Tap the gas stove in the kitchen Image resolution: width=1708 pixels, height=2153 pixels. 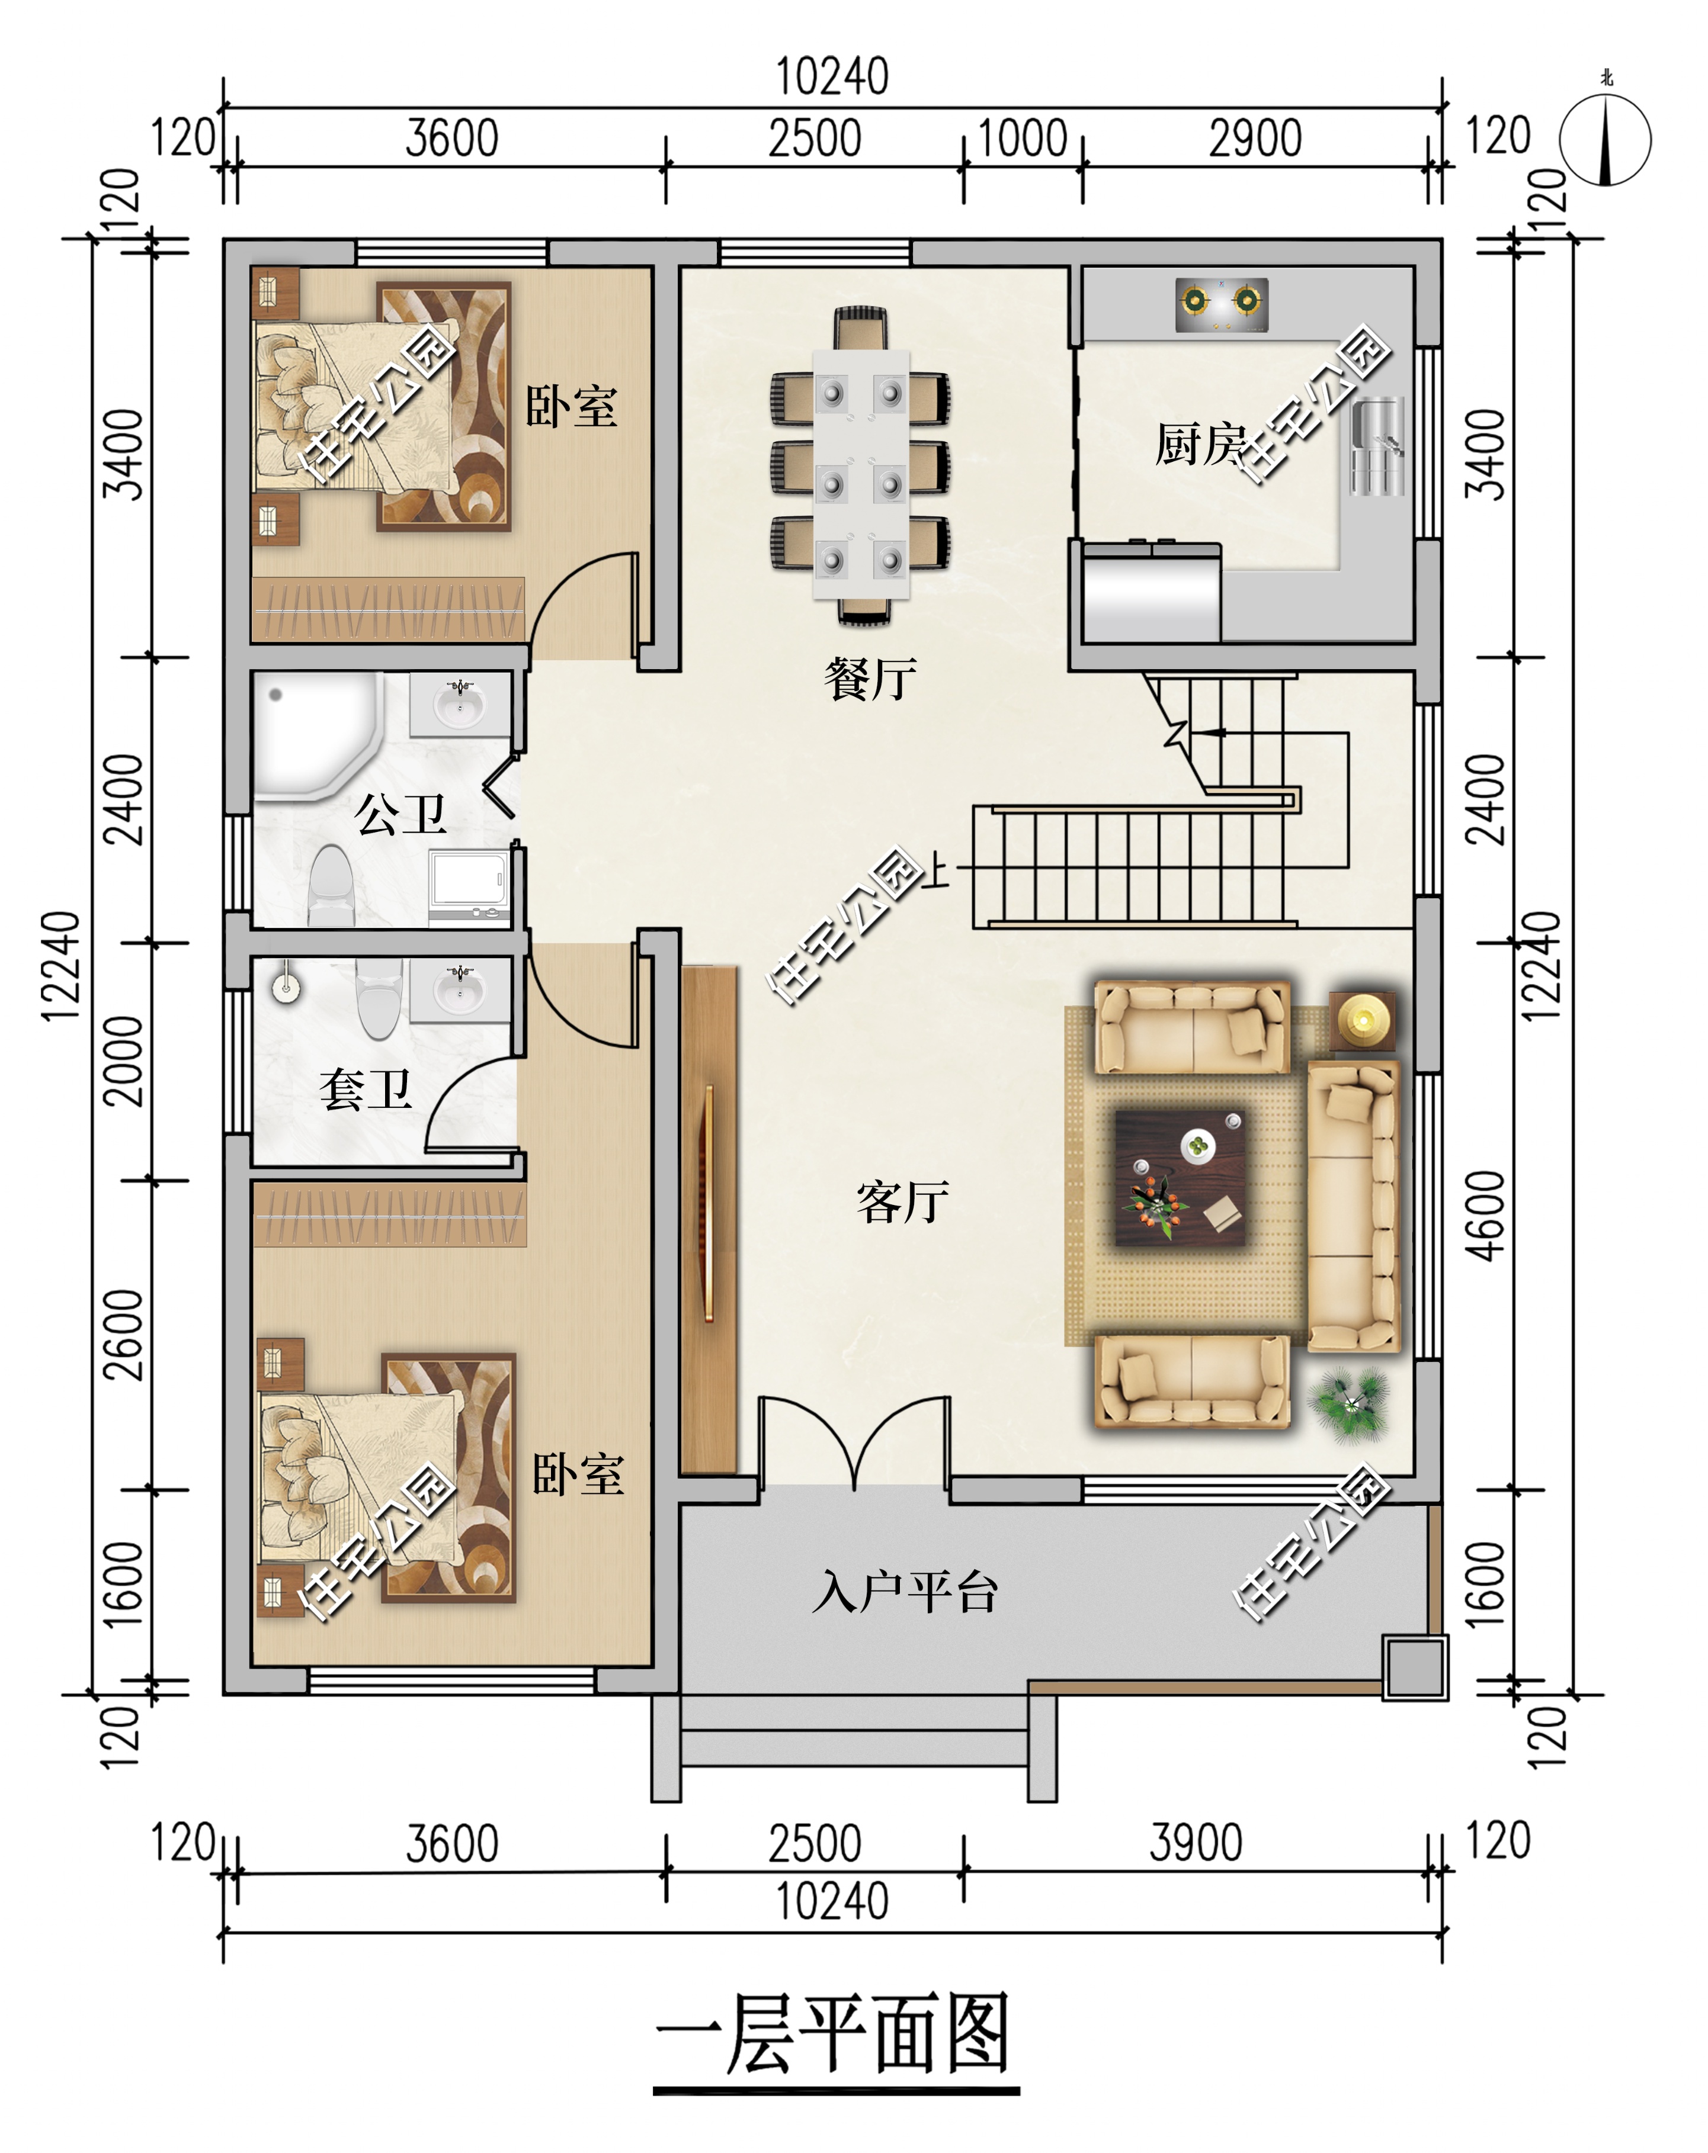tap(1220, 304)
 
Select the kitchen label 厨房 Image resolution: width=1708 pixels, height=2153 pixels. tap(1201, 444)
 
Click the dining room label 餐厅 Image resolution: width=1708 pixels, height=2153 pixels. tap(870, 679)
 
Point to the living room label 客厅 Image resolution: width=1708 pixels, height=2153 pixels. tap(902, 1201)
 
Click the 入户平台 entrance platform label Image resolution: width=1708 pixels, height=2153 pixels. tap(905, 1591)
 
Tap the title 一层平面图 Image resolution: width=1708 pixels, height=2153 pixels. tap(835, 2034)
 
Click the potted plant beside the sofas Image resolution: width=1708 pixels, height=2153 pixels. tap(1350, 1404)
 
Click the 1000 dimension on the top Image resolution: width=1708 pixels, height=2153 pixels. tap(1022, 138)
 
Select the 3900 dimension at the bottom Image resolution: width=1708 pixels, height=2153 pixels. tap(1196, 1843)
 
